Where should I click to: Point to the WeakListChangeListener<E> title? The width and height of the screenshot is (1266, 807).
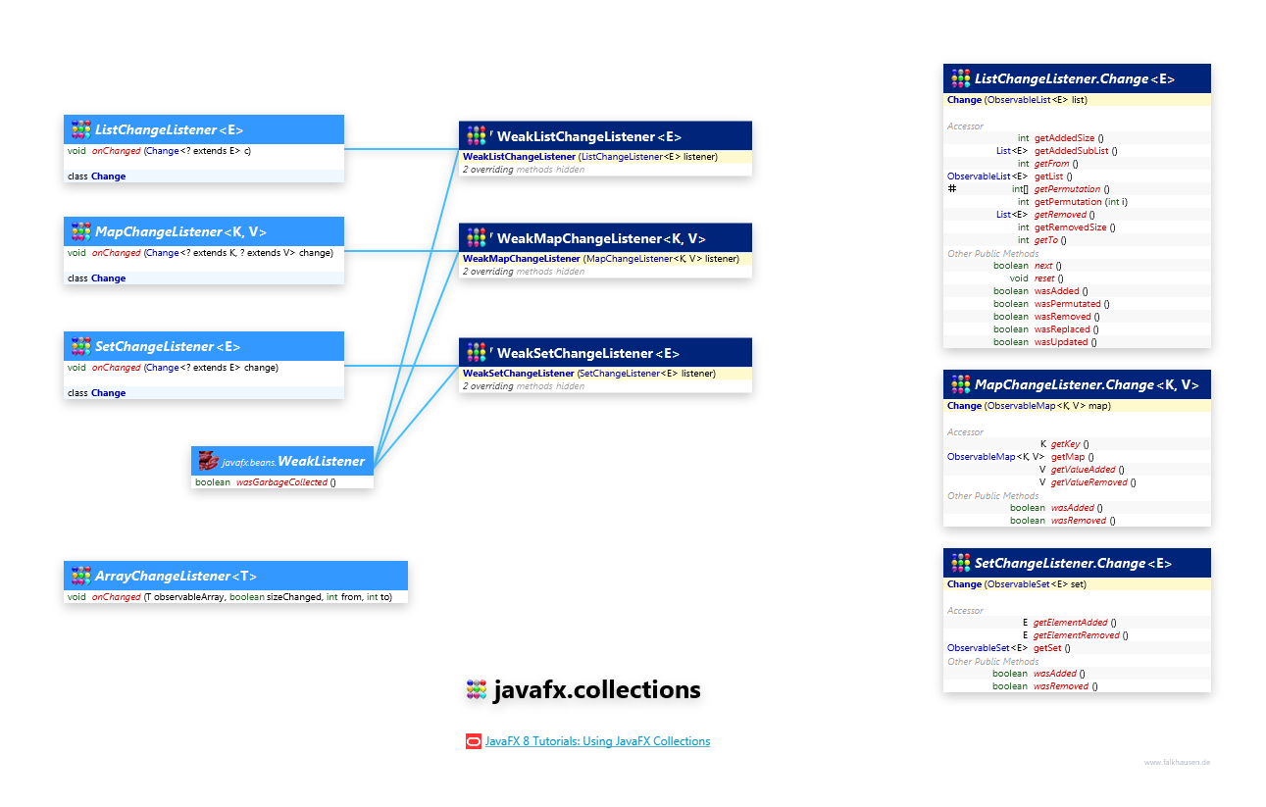pos(588,136)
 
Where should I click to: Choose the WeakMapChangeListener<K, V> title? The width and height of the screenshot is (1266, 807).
pos(600,238)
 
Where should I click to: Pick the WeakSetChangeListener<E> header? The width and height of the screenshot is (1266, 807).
pos(587,353)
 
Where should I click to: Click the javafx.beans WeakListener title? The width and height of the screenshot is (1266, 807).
pos(293,461)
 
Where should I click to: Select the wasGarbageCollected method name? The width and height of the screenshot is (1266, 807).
pos(281,482)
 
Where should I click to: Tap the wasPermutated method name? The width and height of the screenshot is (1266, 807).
pos(1067,304)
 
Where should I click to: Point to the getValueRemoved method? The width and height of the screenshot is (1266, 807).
pos(1089,482)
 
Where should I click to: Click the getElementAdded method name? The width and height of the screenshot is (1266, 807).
pos(1070,623)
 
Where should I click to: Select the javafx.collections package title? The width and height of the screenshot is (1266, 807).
pos(596,690)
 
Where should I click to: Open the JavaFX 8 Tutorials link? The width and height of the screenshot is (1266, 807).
pos(597,741)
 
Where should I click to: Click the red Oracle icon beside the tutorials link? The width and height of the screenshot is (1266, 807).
pos(474,741)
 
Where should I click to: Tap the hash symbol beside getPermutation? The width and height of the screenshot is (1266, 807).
pos(952,188)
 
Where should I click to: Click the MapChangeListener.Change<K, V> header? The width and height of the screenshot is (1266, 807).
pos(1087,384)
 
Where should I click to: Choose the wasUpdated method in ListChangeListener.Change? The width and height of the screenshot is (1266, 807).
pos(1061,342)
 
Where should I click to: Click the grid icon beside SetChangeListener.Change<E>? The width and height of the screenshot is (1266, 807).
pos(960,563)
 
